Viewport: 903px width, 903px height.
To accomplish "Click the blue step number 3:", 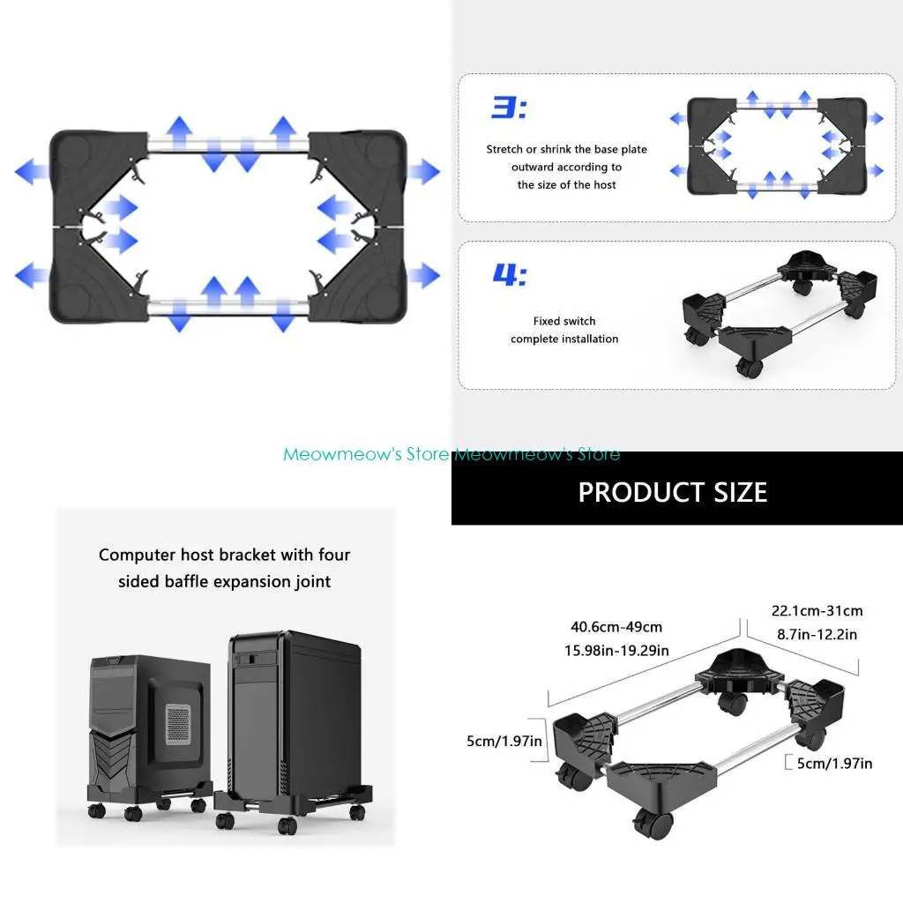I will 508,108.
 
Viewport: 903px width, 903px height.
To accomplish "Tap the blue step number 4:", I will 509,274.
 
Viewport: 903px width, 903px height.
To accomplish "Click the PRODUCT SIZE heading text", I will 672,492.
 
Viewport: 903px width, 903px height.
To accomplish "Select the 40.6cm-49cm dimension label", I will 616,628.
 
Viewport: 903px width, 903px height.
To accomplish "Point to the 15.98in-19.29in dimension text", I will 616,651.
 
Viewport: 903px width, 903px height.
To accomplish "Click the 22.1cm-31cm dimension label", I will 817,610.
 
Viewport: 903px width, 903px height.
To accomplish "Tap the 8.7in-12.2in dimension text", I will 817,633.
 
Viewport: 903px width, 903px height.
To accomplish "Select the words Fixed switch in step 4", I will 564,321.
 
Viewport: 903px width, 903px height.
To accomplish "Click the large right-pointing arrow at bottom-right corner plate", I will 423,275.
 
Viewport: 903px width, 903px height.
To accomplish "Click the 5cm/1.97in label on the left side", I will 504,742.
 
